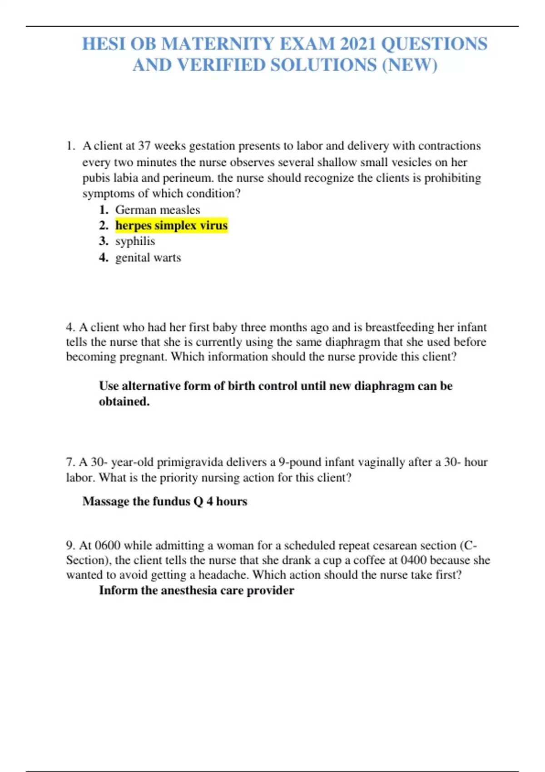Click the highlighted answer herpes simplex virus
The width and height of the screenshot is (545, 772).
click(171, 225)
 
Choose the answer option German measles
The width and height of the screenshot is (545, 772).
click(158, 210)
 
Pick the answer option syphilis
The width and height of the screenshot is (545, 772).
click(135, 241)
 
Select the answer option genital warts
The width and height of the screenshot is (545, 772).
click(148, 257)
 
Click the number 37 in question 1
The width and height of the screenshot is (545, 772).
click(144, 146)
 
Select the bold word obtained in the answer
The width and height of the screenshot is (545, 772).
click(124, 401)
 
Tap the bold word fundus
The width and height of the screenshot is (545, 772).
click(171, 501)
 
